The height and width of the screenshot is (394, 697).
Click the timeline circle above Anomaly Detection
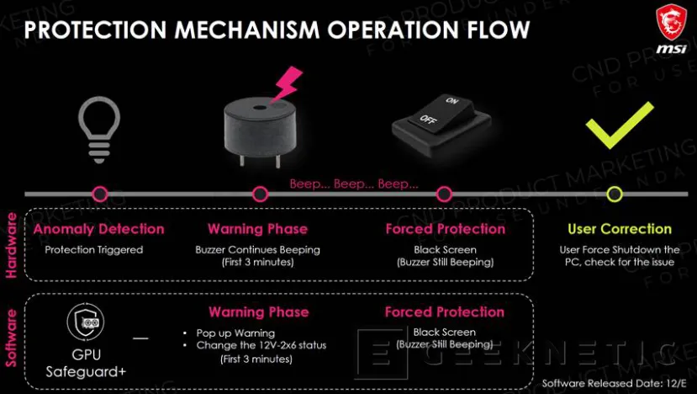(100, 194)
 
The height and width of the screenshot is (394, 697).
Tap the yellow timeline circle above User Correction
(615, 194)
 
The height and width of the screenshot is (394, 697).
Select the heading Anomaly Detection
(98, 229)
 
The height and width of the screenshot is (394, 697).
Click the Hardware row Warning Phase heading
(258, 229)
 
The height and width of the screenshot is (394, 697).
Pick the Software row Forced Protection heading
(445, 312)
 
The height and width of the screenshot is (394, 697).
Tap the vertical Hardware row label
(12, 245)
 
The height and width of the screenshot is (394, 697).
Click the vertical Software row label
(12, 338)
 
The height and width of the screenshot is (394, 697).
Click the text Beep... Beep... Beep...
(353, 184)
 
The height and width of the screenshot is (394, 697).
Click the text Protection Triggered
(94, 249)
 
